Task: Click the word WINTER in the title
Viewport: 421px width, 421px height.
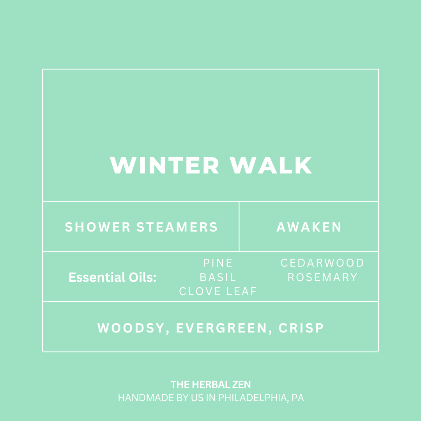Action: click(165, 166)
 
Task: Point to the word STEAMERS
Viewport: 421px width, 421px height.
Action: click(177, 227)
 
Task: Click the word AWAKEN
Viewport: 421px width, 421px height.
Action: click(309, 227)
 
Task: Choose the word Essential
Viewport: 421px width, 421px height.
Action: click(92, 278)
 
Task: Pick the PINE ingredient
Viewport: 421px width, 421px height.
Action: click(218, 263)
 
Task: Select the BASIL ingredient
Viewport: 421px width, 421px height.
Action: click(218, 277)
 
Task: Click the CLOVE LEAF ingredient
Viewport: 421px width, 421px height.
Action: click(218, 291)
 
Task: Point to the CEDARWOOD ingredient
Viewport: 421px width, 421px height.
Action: click(322, 263)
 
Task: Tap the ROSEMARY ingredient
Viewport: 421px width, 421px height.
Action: click(322, 277)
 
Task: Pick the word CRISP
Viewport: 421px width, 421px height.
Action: click(301, 328)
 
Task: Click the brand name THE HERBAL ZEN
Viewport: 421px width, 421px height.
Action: click(210, 385)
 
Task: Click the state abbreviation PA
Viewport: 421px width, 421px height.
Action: click(298, 398)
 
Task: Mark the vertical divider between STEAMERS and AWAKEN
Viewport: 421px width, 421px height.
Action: click(239, 226)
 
